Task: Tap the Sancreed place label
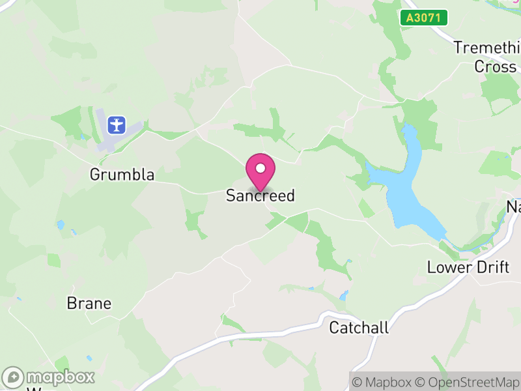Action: [x=260, y=195]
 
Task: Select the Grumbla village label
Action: [x=122, y=175]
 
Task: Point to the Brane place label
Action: [x=89, y=303]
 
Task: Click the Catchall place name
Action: [x=359, y=327]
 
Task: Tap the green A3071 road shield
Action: [x=424, y=18]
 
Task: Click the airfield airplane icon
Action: [x=117, y=124]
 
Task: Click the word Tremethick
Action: [x=487, y=48]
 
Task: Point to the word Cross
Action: [x=495, y=66]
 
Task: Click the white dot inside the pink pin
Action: [x=260, y=168]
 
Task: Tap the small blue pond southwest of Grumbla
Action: [x=61, y=225]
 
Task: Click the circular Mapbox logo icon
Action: [x=14, y=377]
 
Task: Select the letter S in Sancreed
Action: [x=231, y=195]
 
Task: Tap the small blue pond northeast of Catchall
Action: [x=344, y=295]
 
